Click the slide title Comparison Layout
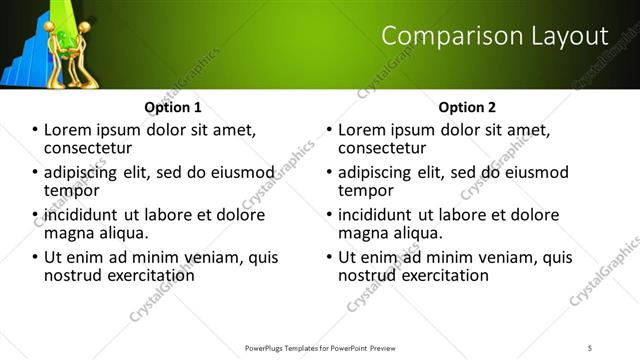495,36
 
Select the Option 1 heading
172,107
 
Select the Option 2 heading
466,107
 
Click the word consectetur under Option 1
88,147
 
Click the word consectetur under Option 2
382,147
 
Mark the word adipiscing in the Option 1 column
84,172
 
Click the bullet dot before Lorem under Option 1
35,130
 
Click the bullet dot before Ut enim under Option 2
329,258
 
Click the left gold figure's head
50,27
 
